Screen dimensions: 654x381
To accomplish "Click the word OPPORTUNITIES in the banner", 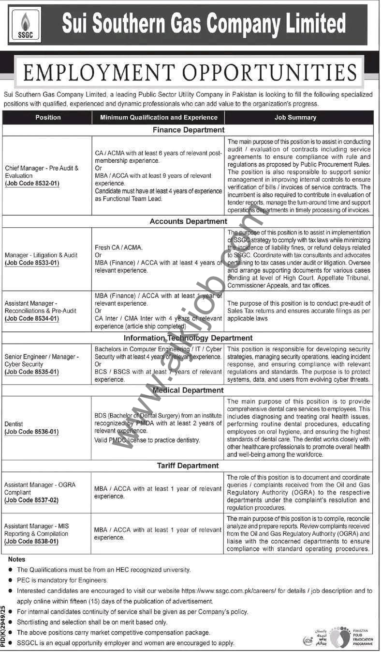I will coord(273,73).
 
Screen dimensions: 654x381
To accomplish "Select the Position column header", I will coord(48,117).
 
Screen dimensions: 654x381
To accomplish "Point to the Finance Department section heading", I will coord(189,130).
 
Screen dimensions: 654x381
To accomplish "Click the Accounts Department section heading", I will coord(189,221).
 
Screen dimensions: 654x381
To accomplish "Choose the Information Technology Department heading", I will coord(188,338).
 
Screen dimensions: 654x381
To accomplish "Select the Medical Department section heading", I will coord(189,390).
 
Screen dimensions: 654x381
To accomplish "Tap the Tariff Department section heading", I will coord(189,466).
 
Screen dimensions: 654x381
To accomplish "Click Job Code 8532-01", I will coord(32,184).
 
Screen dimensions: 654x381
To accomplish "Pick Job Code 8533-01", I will coord(32,263).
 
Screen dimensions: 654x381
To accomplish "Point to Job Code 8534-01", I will coord(32,319).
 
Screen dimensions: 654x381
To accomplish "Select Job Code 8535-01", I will coord(32,372).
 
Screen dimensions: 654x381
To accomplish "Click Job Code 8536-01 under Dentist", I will coord(32,432).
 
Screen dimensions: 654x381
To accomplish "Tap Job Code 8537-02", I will coord(32,500).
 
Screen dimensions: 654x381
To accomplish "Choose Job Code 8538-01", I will coord(32,541).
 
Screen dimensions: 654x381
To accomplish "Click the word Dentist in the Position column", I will coord(14,424).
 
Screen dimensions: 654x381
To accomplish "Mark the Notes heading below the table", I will coord(16,560).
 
